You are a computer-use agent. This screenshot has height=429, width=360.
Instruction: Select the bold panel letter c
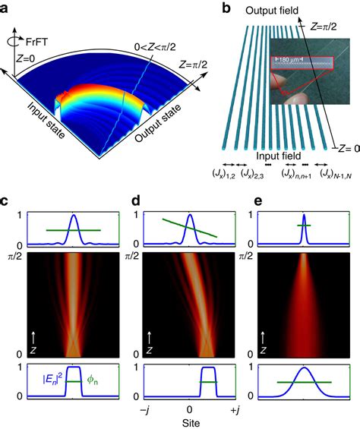click(6, 203)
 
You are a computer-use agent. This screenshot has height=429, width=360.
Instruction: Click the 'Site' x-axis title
click(180, 422)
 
